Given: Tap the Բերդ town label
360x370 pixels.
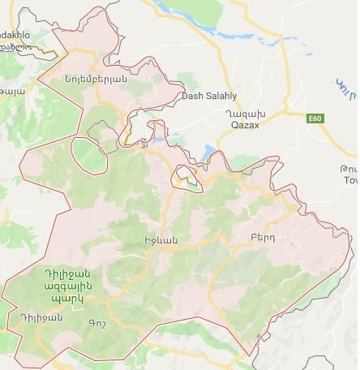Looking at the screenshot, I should pos(251,238).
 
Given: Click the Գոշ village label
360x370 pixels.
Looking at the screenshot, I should pos(95,323).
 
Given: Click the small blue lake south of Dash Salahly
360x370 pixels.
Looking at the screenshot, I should pos(208,150).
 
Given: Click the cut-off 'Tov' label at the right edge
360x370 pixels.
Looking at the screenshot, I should pos(350,182).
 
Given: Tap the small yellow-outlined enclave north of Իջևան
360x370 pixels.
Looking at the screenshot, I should pos(186,174).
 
